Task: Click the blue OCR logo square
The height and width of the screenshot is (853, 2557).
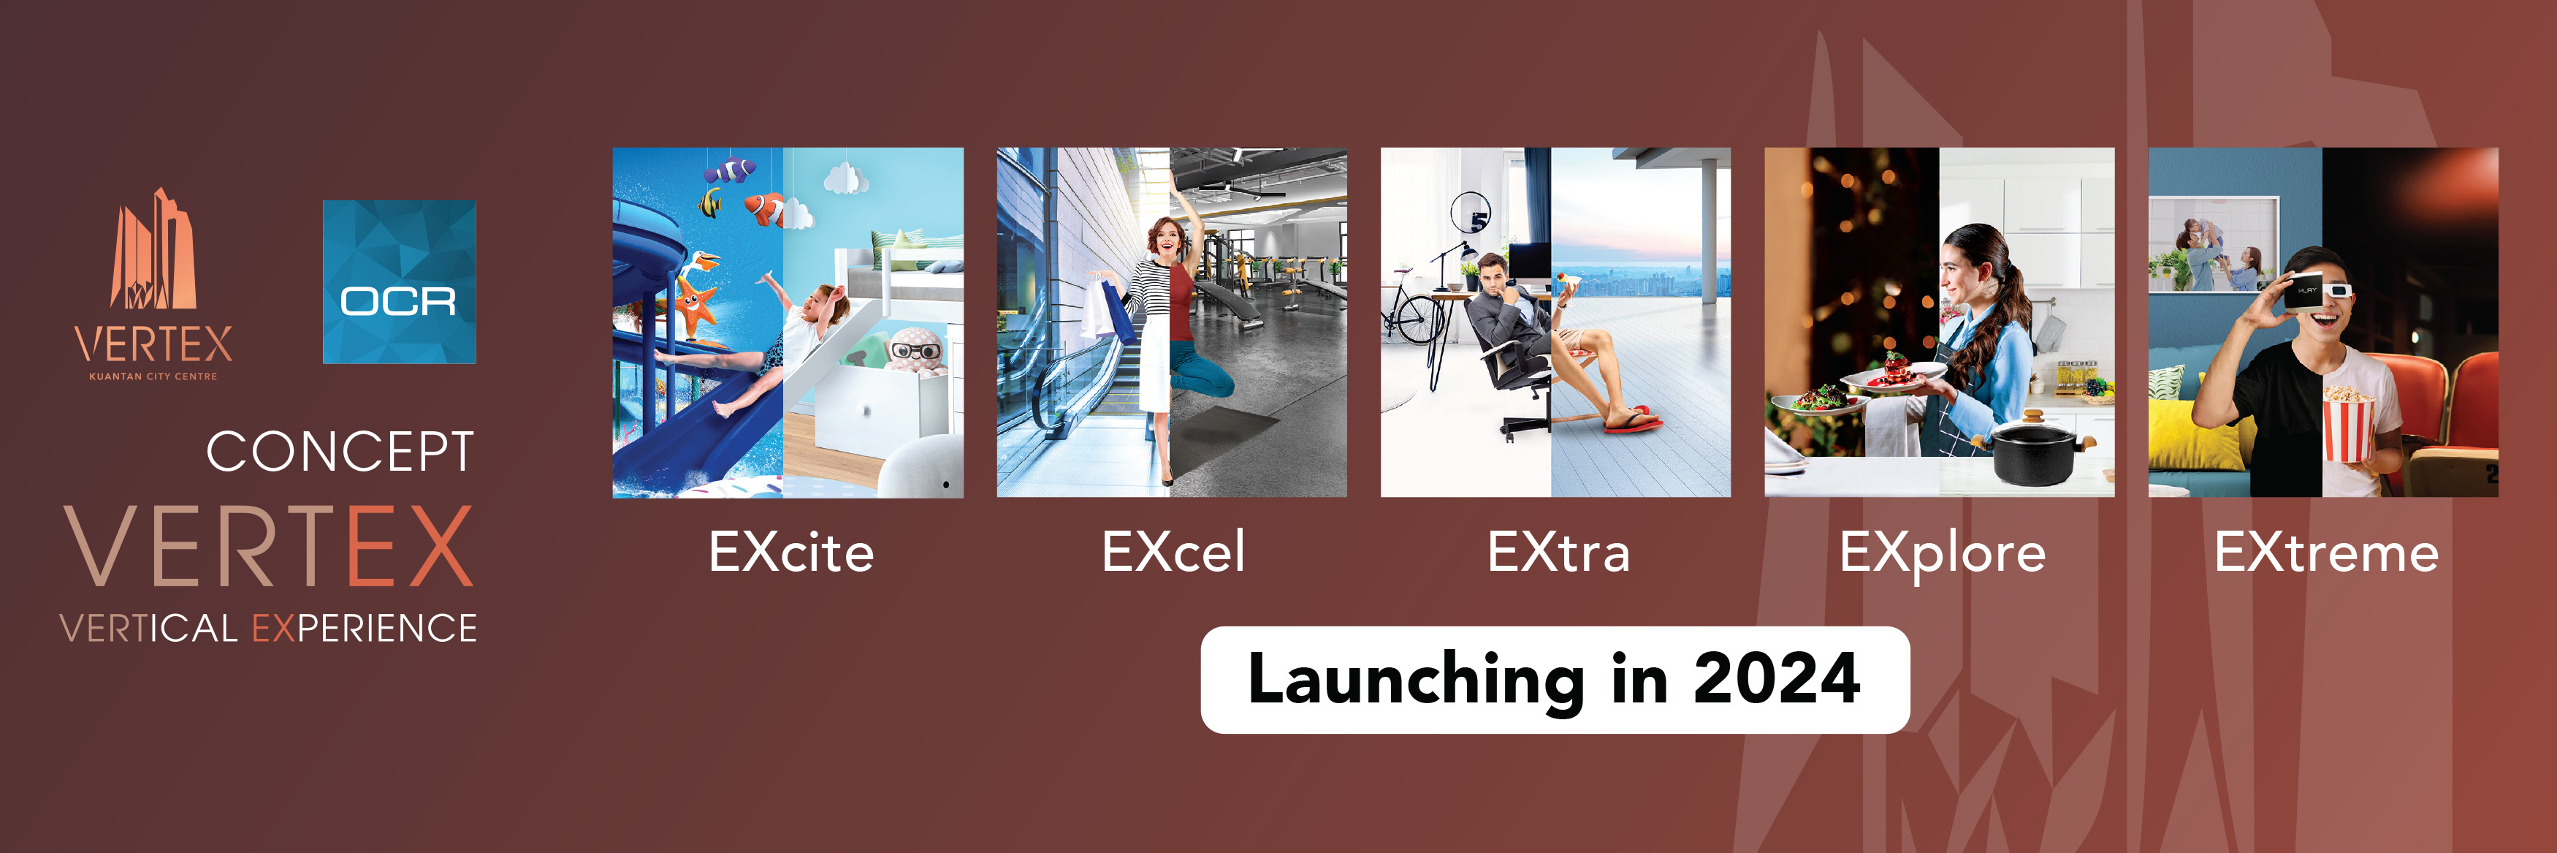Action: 399,282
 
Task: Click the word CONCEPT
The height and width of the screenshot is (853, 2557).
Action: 340,453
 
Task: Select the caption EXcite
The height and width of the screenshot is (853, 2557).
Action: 791,552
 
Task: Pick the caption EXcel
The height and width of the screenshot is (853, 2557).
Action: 1173,552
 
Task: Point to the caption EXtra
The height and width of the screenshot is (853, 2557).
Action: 1558,552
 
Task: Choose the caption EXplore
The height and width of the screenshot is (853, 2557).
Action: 1942,555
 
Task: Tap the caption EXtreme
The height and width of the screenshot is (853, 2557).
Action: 2325,552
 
